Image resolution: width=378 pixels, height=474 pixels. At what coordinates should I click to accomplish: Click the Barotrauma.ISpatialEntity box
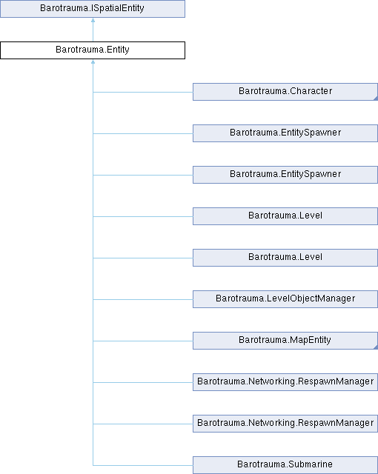tap(93, 9)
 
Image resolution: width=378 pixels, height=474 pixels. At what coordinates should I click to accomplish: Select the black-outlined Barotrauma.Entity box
tap(93, 50)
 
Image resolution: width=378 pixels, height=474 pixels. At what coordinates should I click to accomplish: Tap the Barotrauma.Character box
tap(285, 92)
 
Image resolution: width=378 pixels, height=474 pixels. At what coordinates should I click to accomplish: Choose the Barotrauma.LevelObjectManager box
tap(285, 299)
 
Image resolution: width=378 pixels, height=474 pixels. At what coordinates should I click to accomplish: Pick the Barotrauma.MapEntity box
tap(285, 341)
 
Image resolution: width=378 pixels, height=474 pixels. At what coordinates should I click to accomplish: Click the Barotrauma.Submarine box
tap(285, 465)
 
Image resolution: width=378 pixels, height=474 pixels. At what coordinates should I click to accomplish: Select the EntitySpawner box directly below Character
tap(285, 133)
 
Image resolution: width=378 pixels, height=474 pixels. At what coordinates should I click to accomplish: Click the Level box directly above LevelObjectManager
tap(285, 258)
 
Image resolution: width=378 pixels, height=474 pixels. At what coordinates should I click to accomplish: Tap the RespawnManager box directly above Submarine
tap(285, 424)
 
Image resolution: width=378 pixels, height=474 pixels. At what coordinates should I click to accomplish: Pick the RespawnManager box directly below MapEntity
tap(285, 382)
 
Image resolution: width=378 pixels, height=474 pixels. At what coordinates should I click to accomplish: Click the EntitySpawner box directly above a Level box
tap(285, 175)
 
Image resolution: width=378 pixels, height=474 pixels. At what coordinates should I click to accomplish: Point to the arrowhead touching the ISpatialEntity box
tap(93, 20)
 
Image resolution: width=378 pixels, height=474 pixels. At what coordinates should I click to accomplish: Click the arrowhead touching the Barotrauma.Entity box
tap(93, 61)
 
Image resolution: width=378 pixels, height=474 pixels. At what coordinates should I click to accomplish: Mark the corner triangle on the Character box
tap(376, 99)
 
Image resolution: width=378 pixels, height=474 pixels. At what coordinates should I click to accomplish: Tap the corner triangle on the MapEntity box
tap(376, 347)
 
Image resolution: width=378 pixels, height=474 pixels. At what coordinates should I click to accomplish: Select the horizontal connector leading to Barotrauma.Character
tap(143, 92)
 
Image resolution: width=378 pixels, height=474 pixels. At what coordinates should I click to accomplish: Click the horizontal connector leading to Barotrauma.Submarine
tap(143, 465)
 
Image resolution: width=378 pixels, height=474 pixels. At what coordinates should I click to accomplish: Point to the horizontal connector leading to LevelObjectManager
tap(143, 299)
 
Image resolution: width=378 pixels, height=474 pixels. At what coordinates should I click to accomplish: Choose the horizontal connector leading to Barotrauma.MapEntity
tap(143, 341)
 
